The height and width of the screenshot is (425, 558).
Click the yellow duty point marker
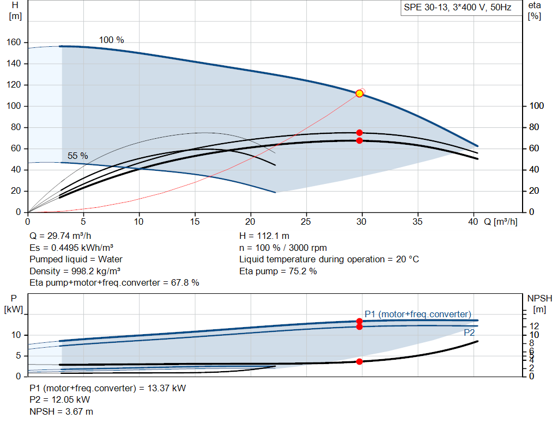coord(360,94)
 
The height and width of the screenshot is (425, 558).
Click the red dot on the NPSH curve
coord(360,361)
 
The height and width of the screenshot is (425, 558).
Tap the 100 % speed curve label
coord(111,40)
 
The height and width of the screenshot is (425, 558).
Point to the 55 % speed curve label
coord(77,156)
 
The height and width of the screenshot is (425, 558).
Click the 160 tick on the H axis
coord(14,42)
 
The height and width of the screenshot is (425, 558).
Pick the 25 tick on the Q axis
coord(306,221)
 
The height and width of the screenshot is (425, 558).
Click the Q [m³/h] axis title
coord(501,221)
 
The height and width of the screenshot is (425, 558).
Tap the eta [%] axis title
coord(535,11)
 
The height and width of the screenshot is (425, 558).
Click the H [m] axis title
coord(15,11)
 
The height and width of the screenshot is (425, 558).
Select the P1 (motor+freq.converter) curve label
coord(418,314)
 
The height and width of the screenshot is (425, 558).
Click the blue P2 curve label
coord(469,332)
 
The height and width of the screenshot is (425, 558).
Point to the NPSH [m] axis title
coord(539,304)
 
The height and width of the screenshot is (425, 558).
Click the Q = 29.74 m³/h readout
coord(60,236)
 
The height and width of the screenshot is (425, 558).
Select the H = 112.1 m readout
coord(264,236)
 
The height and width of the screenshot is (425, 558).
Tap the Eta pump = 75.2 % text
coord(278,271)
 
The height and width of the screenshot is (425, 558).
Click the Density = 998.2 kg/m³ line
coord(75,271)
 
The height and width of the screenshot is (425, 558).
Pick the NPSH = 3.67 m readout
coord(61,411)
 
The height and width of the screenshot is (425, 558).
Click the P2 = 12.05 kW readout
coord(60,400)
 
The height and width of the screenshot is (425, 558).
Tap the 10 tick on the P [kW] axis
coord(16,335)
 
